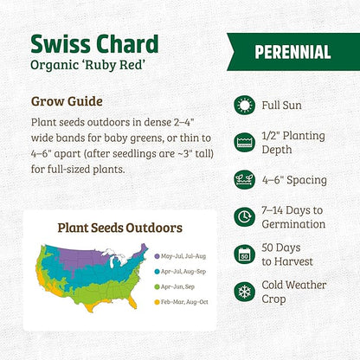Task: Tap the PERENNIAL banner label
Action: coord(292,52)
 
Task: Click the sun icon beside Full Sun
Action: coord(245,105)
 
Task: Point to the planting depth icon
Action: coord(245,142)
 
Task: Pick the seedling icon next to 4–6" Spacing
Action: coord(245,179)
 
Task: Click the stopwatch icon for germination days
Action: coord(245,216)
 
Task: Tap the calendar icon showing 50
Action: coord(245,254)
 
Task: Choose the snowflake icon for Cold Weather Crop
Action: coord(245,291)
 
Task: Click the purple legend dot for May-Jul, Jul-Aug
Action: coord(154,255)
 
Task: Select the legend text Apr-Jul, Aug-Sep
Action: coord(183,271)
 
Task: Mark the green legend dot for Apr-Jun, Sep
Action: coord(154,286)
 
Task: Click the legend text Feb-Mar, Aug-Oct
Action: coord(183,302)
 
